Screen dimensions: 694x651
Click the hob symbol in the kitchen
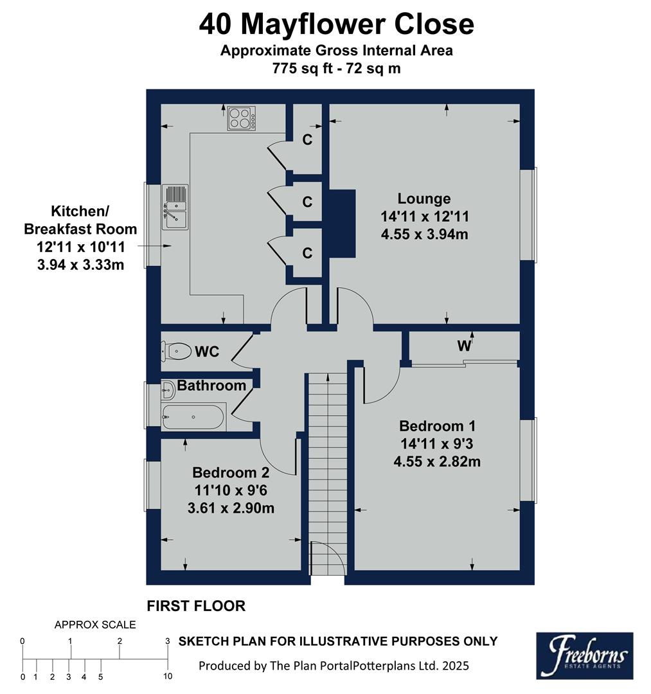click(241, 118)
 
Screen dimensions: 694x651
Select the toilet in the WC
click(177, 351)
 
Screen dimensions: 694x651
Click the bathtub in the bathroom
click(193, 417)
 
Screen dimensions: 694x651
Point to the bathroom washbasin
click(168, 389)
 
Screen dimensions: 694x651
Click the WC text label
click(207, 351)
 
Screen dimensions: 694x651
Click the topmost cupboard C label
click(307, 139)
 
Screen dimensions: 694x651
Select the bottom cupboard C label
click(307, 253)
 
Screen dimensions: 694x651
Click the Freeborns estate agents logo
click(584, 655)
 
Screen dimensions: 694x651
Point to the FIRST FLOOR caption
click(196, 605)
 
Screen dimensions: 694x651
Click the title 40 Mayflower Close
click(336, 25)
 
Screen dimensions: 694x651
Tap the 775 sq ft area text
click(336, 68)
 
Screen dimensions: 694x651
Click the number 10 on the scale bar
click(167, 676)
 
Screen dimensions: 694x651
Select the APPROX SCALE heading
click(95, 624)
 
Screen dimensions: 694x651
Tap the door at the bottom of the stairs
click(325, 558)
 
